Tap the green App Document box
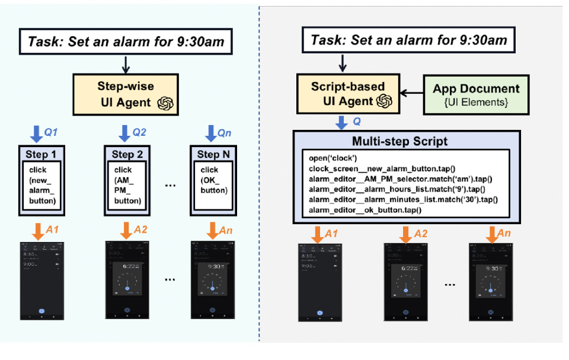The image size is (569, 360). tap(476, 94)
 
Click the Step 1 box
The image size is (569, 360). tap(42, 178)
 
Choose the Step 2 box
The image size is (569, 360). tap(128, 178)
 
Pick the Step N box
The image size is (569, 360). tap(214, 178)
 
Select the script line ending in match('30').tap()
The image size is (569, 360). tap(403, 200)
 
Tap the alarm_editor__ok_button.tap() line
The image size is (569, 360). tap(364, 211)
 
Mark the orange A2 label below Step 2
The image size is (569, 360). tap(141, 230)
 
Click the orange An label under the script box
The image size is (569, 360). tap(504, 234)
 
